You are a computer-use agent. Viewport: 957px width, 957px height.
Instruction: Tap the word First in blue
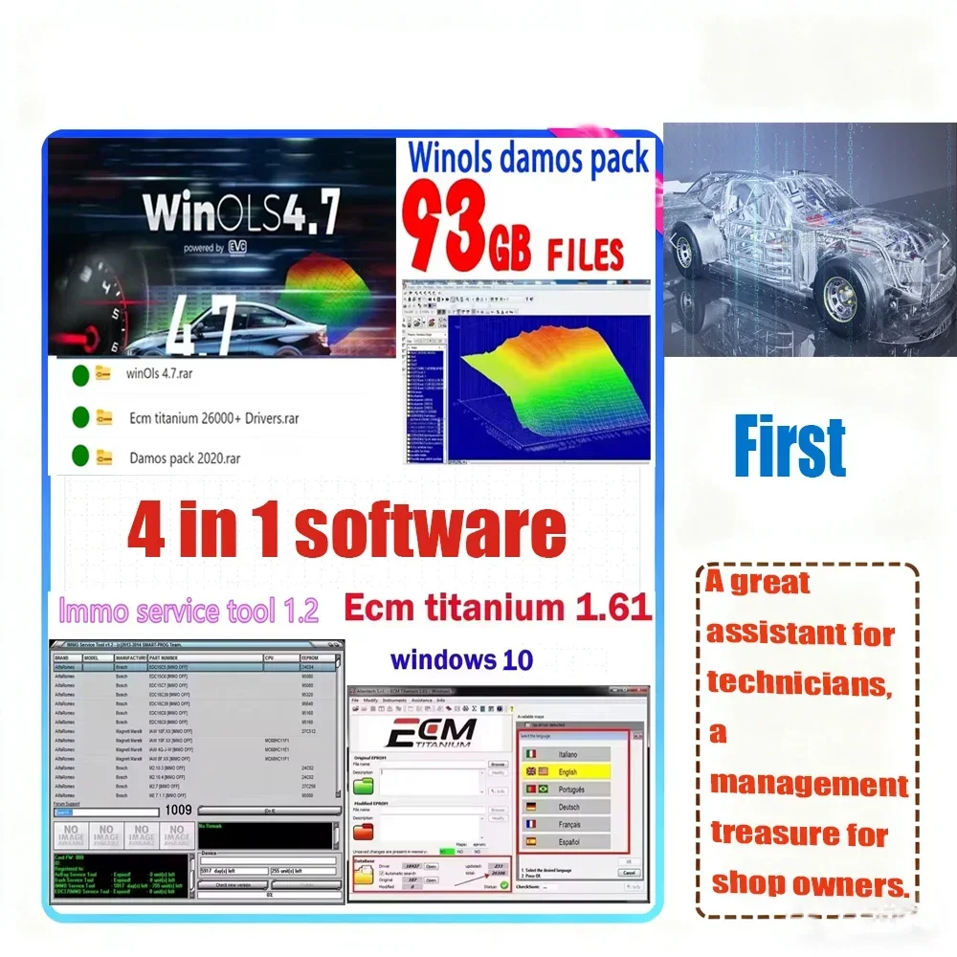(x=790, y=446)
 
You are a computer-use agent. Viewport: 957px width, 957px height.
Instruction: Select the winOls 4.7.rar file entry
(x=159, y=374)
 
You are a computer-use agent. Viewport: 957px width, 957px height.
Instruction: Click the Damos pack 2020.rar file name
(x=185, y=457)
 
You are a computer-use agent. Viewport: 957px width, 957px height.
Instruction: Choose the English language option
(x=569, y=771)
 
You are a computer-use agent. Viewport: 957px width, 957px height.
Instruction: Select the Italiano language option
(x=569, y=754)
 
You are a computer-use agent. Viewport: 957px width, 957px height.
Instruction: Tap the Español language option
(x=569, y=841)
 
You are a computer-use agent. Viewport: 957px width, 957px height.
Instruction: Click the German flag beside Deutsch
(x=529, y=807)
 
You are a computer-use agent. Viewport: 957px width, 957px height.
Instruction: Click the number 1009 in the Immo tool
(x=179, y=810)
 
